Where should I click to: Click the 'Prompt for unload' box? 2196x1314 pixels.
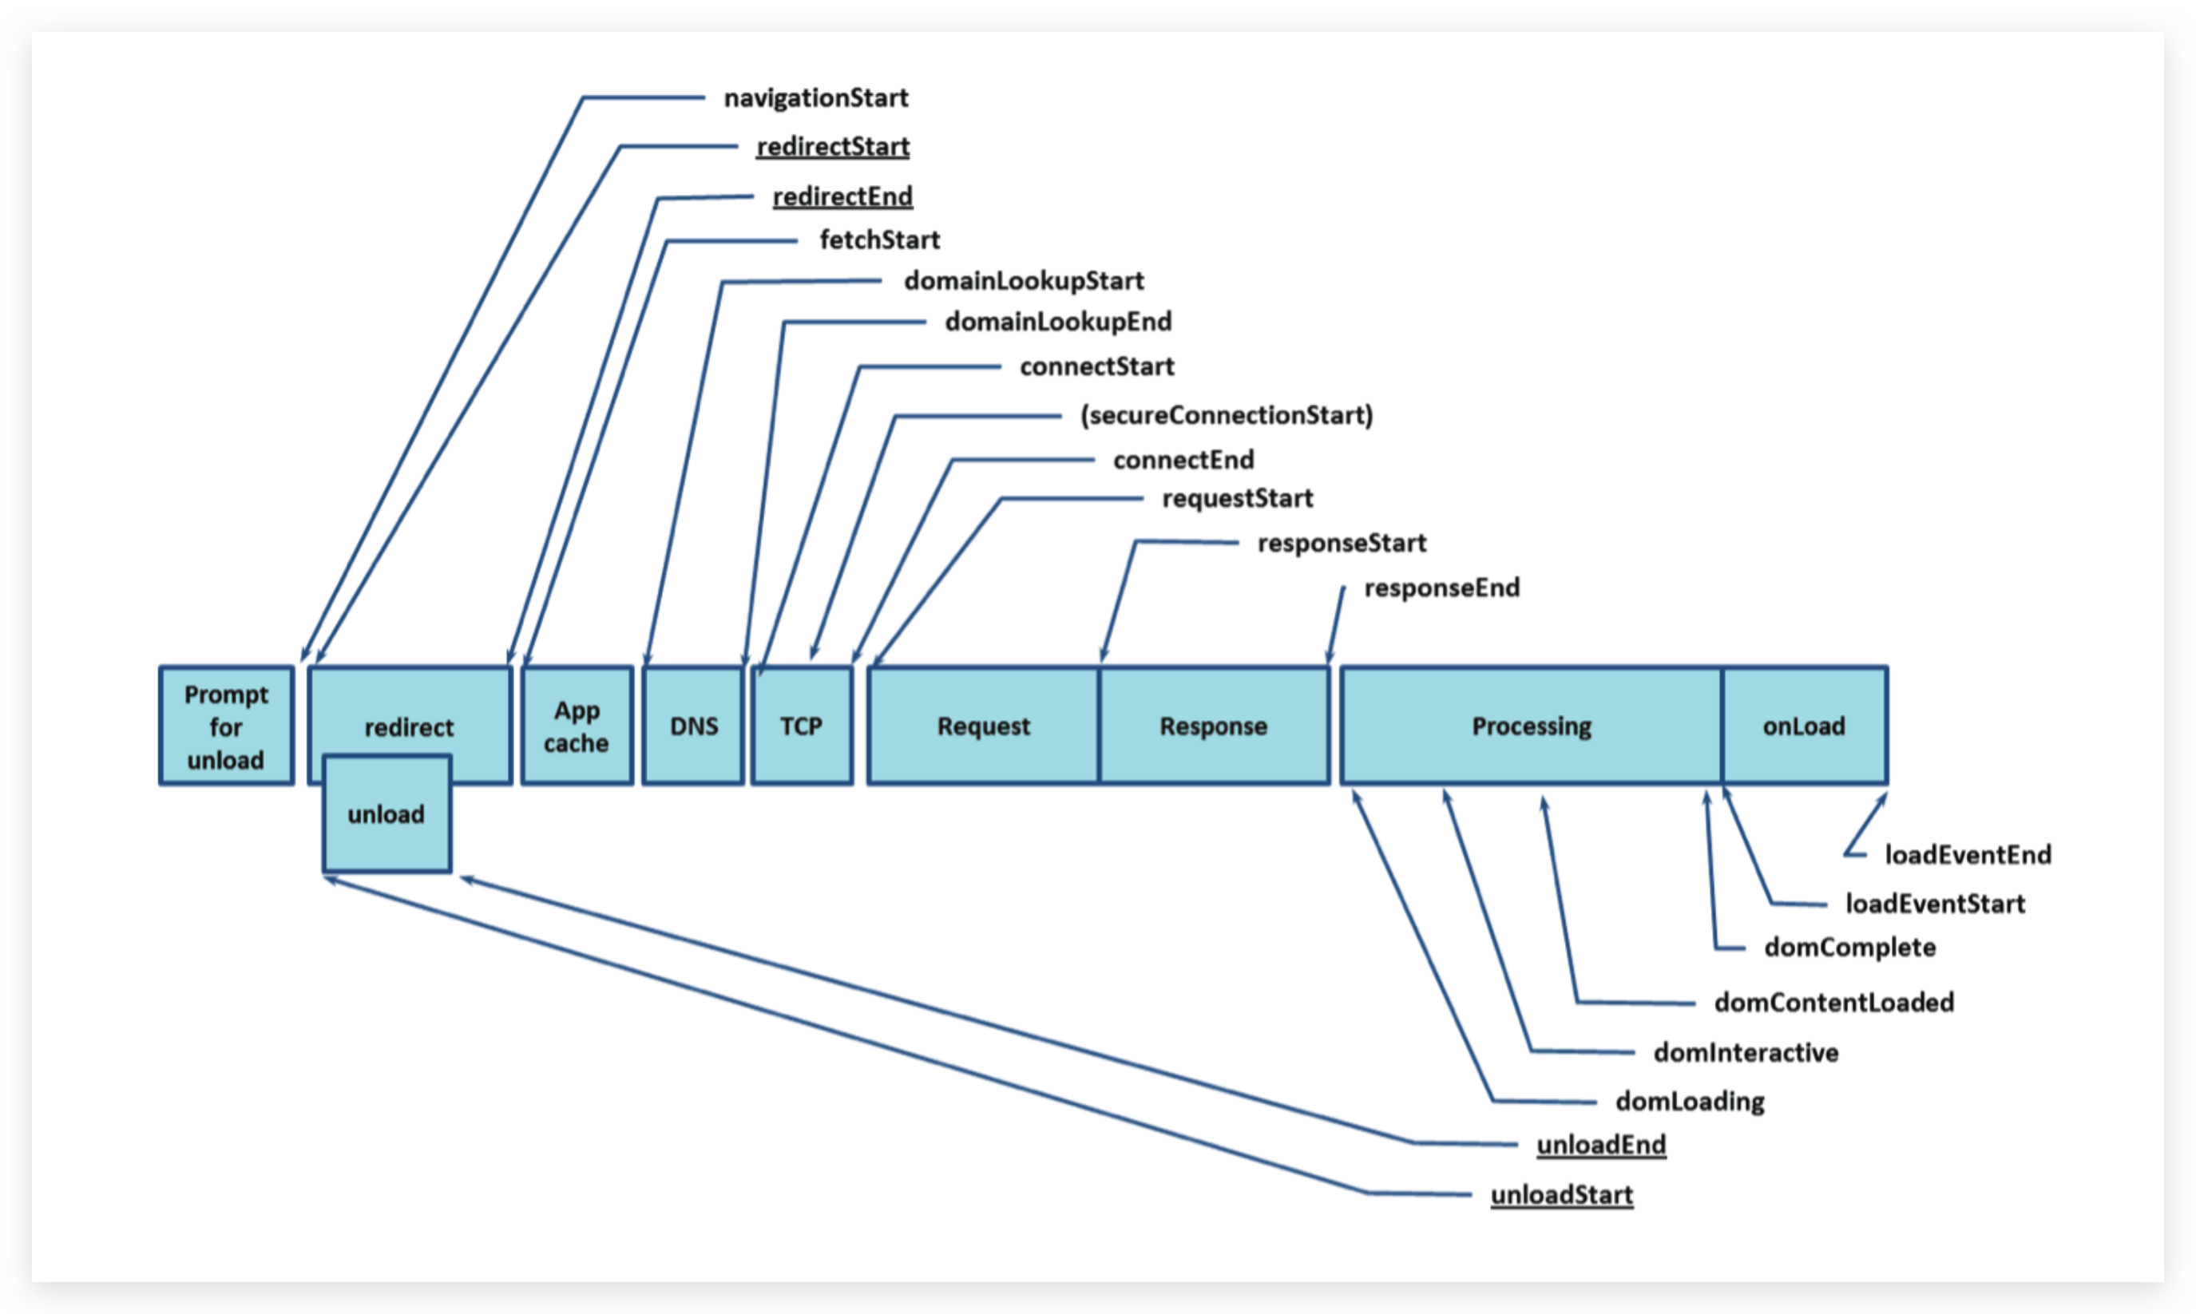[x=227, y=726]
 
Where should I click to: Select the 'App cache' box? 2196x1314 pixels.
[x=577, y=726]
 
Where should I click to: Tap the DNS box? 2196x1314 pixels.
[x=693, y=726]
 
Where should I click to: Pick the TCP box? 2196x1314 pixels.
[x=803, y=726]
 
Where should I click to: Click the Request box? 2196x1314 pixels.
[x=984, y=726]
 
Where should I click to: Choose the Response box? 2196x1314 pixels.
[x=1214, y=726]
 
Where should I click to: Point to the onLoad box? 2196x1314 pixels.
[x=1805, y=726]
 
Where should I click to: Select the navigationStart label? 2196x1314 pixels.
[x=816, y=97]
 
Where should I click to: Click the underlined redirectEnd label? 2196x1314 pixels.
[x=842, y=196]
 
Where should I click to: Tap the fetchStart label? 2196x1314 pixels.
[x=879, y=239]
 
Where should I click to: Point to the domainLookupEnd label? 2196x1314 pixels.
[x=1058, y=322]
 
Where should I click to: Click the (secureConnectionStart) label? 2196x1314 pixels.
[x=1227, y=414]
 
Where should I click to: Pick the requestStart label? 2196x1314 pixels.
[x=1237, y=498]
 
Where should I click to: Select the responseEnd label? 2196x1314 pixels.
[x=1441, y=587]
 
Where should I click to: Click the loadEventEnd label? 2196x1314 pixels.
[x=1968, y=854]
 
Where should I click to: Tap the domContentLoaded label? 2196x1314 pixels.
[x=1833, y=1003]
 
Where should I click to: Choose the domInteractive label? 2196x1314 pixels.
[x=1746, y=1052]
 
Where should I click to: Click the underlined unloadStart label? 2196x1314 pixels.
[x=1562, y=1194]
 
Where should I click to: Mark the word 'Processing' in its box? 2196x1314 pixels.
[x=1532, y=726]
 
